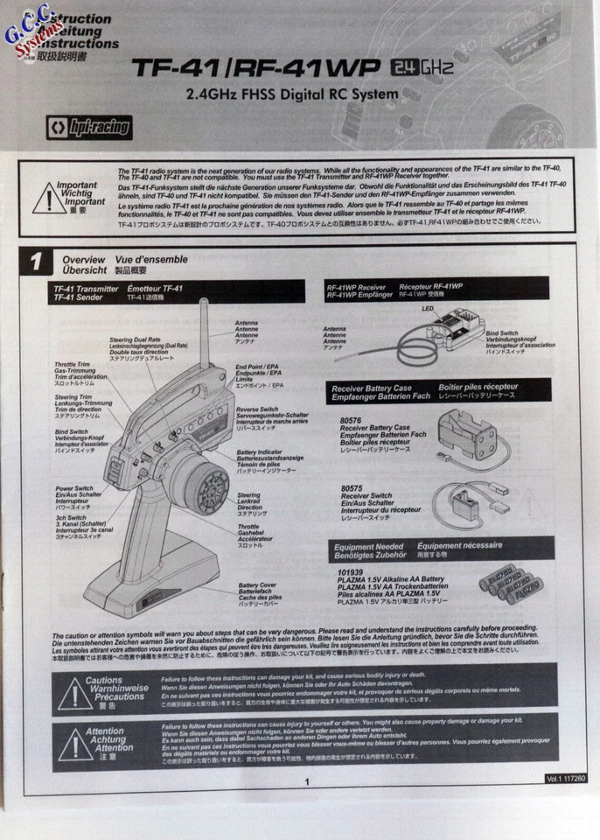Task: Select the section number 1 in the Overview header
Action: [36, 262]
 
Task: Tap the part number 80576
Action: [351, 420]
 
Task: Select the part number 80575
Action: [351, 488]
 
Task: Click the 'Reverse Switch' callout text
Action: [259, 409]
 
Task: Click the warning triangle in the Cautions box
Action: [73, 693]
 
